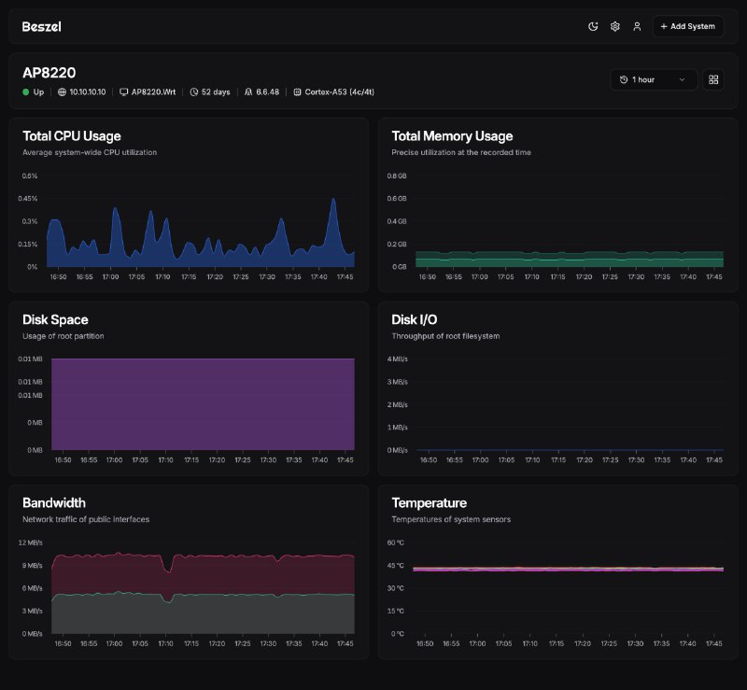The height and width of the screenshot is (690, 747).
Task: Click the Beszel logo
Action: tap(41, 27)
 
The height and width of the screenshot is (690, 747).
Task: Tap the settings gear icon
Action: tap(615, 27)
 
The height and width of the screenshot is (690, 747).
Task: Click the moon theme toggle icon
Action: tap(593, 27)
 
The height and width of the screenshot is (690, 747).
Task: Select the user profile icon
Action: tap(637, 27)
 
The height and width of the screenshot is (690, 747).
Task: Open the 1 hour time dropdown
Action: tap(654, 80)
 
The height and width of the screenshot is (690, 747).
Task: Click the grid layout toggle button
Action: tap(714, 80)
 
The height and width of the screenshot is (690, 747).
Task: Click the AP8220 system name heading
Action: tap(49, 72)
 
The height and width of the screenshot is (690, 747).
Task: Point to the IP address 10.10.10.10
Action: tap(87, 92)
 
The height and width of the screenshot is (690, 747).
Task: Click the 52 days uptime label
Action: tap(216, 92)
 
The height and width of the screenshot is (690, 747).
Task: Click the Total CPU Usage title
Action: tap(71, 136)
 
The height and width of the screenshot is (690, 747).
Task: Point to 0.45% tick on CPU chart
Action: tap(28, 199)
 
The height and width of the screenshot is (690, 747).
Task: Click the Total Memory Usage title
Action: tap(452, 136)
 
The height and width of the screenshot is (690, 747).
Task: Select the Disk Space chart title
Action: tap(55, 320)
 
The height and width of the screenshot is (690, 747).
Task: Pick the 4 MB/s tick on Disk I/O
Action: tap(398, 359)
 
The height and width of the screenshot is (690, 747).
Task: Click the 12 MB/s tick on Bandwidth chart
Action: tap(31, 542)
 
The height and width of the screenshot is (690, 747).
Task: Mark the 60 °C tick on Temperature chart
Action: tap(397, 542)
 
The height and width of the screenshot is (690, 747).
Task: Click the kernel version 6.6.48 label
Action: tap(267, 92)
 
